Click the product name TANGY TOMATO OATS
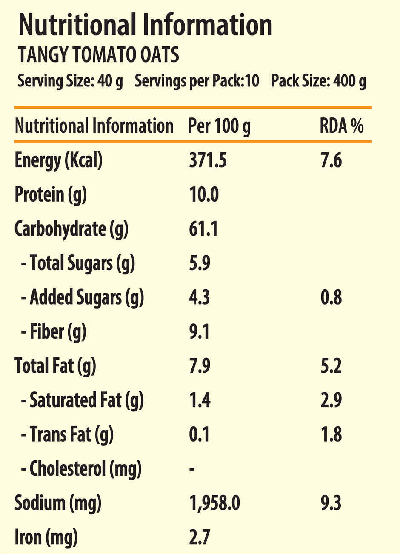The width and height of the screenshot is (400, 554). point(98,55)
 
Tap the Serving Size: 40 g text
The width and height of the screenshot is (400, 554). point(70,80)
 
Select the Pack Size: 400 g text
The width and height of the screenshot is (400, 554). point(318,80)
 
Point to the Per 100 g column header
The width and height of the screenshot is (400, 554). point(220,126)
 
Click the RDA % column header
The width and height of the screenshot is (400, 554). point(342,126)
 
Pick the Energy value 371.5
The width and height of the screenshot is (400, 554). point(208,161)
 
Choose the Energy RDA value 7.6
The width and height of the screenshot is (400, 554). point(331,161)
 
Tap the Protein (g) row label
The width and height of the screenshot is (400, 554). point(51,195)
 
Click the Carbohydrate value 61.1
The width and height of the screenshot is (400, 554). point(203,229)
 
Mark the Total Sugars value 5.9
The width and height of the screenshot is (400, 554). point(200,263)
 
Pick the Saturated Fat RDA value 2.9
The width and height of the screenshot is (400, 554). point(331,400)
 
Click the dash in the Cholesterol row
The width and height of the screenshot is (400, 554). point(192,469)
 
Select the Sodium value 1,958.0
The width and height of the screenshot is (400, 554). point(214,503)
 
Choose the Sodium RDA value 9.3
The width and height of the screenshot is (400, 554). point(331,503)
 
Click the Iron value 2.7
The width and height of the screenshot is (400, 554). point(200,537)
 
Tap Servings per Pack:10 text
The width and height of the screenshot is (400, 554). point(197,80)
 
